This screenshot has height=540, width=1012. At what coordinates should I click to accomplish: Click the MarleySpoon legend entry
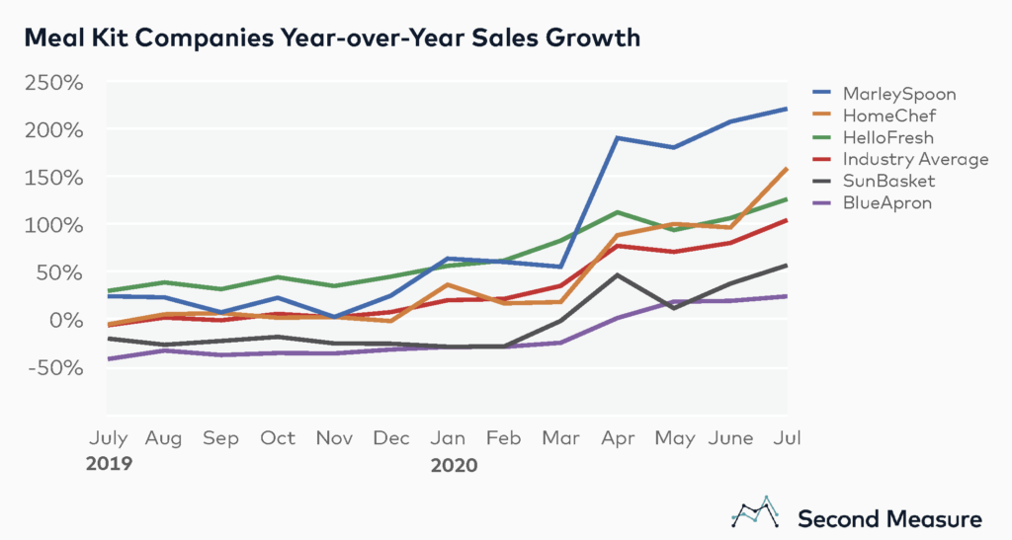pos(900,95)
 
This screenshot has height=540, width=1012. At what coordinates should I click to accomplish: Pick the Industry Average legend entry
pos(915,159)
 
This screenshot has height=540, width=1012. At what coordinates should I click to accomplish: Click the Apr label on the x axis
pos(618,437)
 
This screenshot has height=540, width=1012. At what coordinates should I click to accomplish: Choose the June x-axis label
pos(731,437)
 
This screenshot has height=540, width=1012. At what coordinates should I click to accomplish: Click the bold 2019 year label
pos(111,462)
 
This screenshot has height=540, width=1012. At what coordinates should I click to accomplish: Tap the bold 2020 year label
pos(452,462)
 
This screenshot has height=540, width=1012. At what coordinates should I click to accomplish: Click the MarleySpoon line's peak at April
pos(617,137)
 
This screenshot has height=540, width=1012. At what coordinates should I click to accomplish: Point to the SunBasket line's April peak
pos(617,274)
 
